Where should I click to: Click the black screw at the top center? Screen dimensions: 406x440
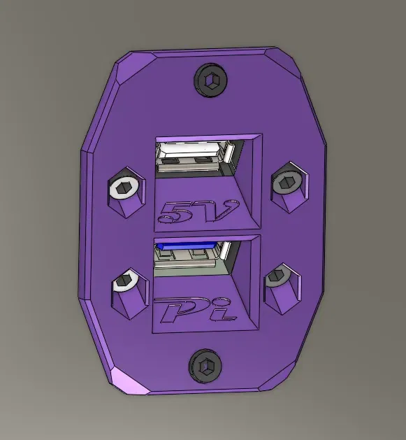tap(210, 80)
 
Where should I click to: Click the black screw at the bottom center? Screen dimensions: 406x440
tap(205, 366)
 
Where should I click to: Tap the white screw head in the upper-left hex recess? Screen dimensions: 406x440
tap(124, 187)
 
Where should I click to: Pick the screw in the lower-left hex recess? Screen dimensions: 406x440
tap(125, 280)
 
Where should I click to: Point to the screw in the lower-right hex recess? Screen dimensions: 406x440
tap(278, 276)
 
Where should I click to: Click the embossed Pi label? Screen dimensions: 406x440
tap(196, 310)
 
